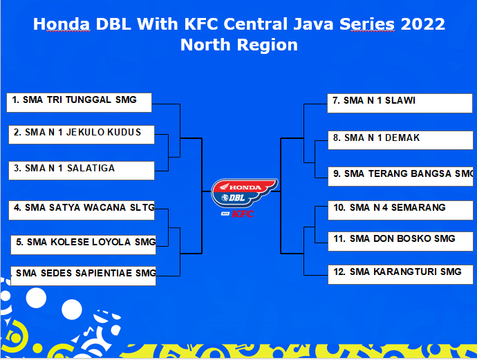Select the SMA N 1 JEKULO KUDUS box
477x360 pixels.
tap(82, 133)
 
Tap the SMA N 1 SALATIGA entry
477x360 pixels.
tap(82, 170)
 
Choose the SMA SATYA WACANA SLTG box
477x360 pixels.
tap(82, 209)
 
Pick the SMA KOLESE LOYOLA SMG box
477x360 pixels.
tap(84, 244)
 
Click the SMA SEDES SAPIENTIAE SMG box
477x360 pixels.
tap(84, 275)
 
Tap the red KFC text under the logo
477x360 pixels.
tap(242, 214)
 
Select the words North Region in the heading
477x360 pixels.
tap(239, 46)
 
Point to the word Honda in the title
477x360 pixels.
tap(62, 25)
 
